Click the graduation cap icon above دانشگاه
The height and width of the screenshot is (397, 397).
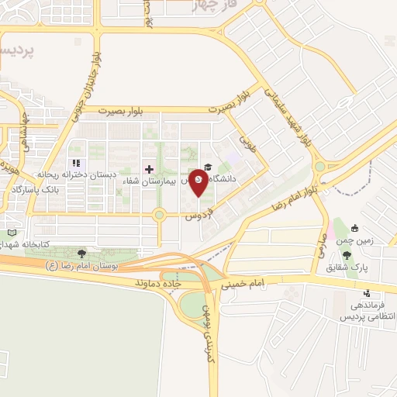coord(207,164)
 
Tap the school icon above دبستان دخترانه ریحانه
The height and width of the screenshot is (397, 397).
coord(76,164)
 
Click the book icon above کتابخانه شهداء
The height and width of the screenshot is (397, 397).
coord(11,233)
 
